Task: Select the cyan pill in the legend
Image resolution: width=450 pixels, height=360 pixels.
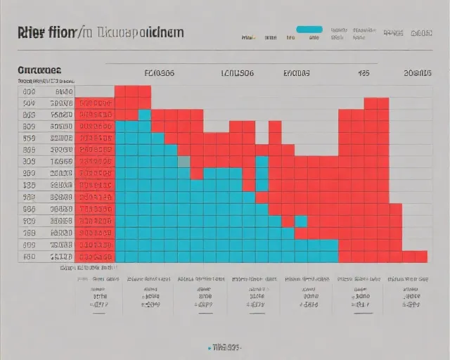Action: tap(309, 30)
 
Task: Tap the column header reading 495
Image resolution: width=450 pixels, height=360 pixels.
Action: tap(364, 72)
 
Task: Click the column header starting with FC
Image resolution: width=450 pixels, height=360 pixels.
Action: tap(160, 72)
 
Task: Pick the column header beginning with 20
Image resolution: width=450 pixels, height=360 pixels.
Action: tap(418, 72)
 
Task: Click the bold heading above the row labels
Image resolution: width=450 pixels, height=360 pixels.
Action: tap(39, 70)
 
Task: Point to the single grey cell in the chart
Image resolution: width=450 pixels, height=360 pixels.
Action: tap(184, 161)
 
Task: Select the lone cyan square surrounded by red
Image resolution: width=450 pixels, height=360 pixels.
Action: tap(301, 221)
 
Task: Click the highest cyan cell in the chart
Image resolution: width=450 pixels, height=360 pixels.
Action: tap(145, 115)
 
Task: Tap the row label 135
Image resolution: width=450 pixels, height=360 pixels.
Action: tap(30, 185)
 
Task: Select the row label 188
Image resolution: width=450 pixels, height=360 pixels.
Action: tap(30, 209)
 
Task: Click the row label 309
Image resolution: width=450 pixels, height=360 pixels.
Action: tap(30, 161)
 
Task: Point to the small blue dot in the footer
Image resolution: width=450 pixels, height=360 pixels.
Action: tap(210, 347)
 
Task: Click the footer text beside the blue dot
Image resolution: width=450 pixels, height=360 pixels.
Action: tap(227, 347)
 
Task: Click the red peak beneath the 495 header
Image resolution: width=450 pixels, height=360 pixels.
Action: tap(376, 103)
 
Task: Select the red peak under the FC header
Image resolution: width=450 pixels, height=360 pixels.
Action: tap(133, 92)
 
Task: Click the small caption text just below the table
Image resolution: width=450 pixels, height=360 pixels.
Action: tap(87, 268)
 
